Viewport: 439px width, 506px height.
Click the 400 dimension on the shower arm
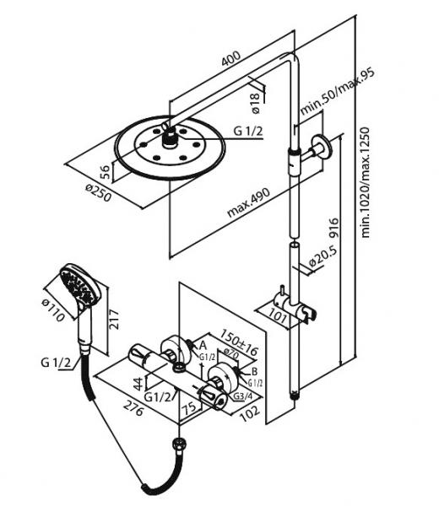click(230, 58)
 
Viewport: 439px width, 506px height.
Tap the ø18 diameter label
click(255, 103)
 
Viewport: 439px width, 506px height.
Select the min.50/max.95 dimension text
click(338, 91)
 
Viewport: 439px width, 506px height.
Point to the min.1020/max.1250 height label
click(365, 182)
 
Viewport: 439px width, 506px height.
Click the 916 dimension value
click(334, 229)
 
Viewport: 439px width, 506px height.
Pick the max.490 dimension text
click(248, 202)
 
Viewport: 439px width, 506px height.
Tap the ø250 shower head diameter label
click(99, 192)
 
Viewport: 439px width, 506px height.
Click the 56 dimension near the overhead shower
click(105, 172)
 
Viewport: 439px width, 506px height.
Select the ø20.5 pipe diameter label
click(322, 256)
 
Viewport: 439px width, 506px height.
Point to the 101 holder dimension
click(278, 315)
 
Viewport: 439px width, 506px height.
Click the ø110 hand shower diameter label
click(53, 310)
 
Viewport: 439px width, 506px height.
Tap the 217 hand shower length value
click(114, 320)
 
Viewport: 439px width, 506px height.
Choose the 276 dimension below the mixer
click(133, 408)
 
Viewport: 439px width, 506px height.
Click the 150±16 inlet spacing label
click(239, 342)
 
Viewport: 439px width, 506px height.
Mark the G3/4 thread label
click(242, 396)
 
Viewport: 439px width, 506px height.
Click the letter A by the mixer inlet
click(203, 345)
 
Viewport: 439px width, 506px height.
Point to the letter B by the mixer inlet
click(254, 371)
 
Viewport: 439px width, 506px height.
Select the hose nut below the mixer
click(179, 442)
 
